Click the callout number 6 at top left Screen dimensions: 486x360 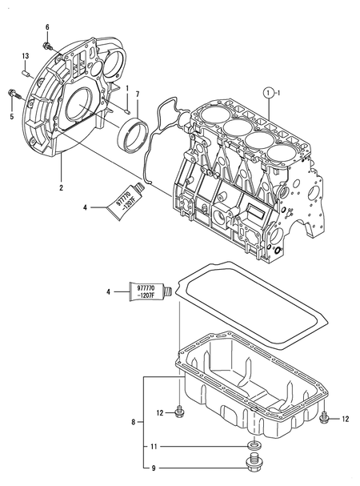[46, 28]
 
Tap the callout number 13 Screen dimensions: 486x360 [25, 55]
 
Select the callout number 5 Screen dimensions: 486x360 [11, 116]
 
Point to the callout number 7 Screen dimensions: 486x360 [137, 94]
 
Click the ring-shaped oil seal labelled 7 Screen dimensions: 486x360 [131, 133]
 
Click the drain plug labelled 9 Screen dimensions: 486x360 [254, 466]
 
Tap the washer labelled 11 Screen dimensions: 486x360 [253, 446]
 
